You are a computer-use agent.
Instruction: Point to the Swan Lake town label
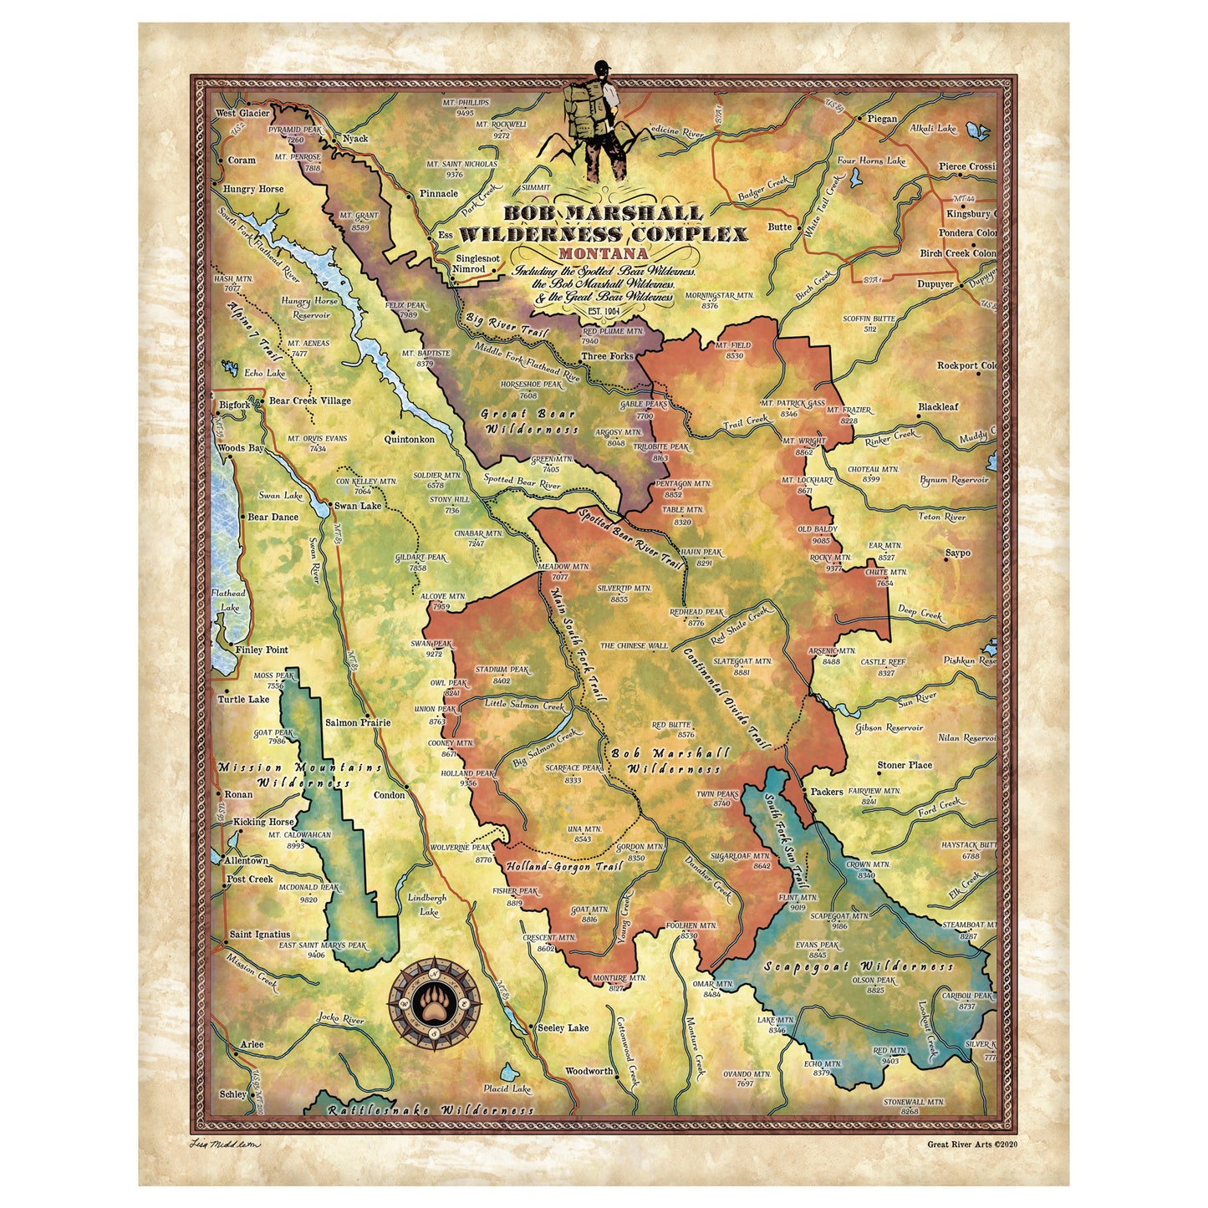click(x=358, y=506)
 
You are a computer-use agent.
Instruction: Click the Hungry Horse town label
click(x=253, y=190)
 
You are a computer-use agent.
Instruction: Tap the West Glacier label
click(x=242, y=114)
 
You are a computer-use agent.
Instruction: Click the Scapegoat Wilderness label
click(x=859, y=966)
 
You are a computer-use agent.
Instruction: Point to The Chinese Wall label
click(x=635, y=645)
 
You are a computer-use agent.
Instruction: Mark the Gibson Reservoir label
click(x=889, y=728)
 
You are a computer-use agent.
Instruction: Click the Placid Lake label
click(x=507, y=1089)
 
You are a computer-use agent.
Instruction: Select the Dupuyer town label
click(x=935, y=284)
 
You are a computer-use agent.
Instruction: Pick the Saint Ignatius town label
click(x=260, y=935)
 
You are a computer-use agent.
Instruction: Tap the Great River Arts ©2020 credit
click(x=973, y=1144)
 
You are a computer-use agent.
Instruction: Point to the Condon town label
click(x=390, y=795)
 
